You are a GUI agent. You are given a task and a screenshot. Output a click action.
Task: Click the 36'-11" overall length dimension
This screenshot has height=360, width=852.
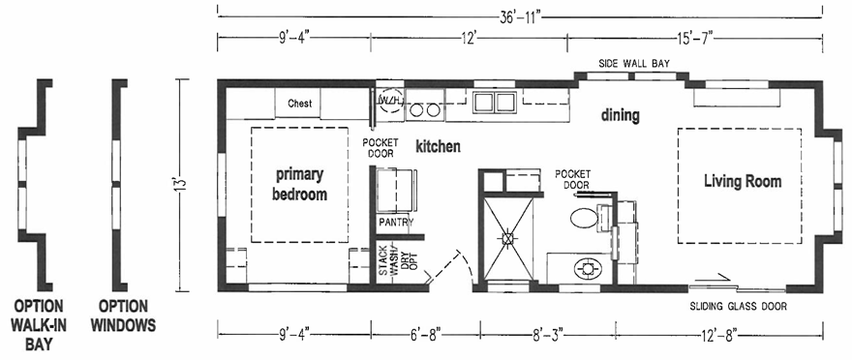[521, 17]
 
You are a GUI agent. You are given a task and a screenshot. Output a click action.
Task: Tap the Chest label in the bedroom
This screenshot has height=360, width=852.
[299, 104]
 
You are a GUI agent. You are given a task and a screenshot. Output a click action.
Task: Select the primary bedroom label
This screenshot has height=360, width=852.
[299, 185]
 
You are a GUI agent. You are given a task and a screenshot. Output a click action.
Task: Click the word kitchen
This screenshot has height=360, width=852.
[438, 146]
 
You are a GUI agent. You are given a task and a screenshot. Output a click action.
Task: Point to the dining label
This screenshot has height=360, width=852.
[620, 116]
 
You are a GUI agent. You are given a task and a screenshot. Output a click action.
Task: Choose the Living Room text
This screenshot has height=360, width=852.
[743, 181]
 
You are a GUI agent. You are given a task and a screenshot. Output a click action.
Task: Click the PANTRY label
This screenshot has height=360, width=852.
[396, 223]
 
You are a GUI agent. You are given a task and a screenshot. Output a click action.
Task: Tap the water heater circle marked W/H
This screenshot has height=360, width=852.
[391, 101]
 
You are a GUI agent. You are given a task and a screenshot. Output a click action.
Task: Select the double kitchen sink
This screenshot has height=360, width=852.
[494, 102]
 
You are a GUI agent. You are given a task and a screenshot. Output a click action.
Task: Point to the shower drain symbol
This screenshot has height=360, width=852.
[508, 238]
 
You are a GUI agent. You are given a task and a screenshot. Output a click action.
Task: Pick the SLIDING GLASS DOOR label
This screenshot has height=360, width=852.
[738, 307]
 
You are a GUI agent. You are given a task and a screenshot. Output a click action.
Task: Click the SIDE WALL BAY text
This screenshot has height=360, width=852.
[634, 64]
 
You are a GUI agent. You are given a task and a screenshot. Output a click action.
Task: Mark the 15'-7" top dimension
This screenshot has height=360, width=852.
[694, 38]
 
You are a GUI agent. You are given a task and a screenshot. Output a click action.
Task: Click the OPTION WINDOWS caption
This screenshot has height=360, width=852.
[123, 315]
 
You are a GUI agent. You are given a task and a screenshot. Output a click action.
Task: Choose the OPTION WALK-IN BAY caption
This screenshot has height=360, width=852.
[38, 325]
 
